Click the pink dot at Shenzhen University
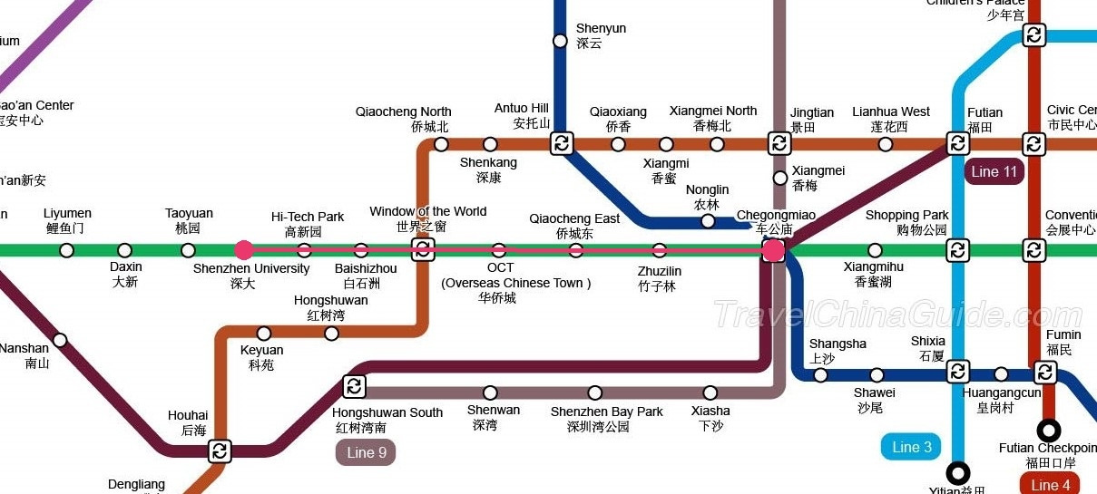pyautogui.click(x=243, y=250)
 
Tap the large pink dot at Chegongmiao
pyautogui.click(x=773, y=250)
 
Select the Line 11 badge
pyautogui.click(x=996, y=172)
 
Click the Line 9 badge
pyautogui.click(x=366, y=452)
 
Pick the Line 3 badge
pyautogui.click(x=911, y=447)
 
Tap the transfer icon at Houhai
pyautogui.click(x=220, y=450)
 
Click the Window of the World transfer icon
pyautogui.click(x=423, y=250)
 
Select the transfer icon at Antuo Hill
pyautogui.click(x=562, y=143)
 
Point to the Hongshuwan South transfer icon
pyautogui.click(x=354, y=387)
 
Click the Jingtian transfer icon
pyautogui.click(x=779, y=143)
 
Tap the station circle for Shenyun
pyautogui.click(x=561, y=41)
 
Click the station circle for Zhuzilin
pyautogui.click(x=660, y=250)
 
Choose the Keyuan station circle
pyautogui.click(x=264, y=334)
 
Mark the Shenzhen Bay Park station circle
pyautogui.click(x=595, y=392)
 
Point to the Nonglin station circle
pyautogui.click(x=708, y=220)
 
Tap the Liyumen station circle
pyautogui.click(x=66, y=250)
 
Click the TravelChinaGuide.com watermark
pyautogui.click(x=885, y=315)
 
